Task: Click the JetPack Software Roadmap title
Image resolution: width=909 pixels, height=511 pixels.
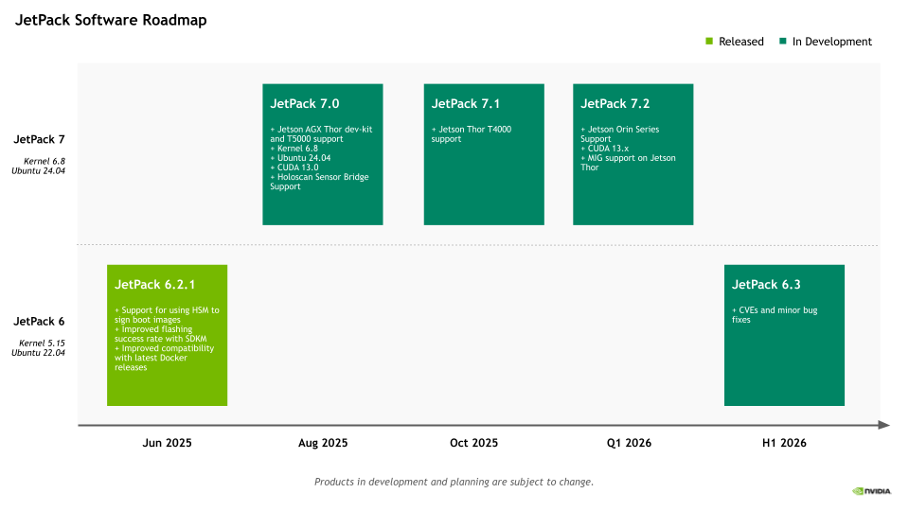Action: (111, 20)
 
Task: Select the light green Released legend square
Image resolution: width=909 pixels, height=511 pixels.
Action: (709, 41)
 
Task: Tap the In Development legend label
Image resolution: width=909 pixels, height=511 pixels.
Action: (832, 42)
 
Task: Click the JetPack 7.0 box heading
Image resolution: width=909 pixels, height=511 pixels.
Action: (304, 104)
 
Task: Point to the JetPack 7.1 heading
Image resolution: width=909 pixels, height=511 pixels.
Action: (466, 104)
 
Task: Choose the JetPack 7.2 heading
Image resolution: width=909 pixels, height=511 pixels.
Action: (615, 104)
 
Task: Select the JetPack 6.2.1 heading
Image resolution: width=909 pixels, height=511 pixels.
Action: (154, 285)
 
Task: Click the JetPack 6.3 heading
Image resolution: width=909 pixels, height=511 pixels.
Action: (766, 285)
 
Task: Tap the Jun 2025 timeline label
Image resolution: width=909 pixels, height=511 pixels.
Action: (167, 443)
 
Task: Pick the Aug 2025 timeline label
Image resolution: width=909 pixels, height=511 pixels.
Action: (323, 443)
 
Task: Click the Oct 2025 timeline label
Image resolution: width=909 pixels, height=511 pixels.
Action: (473, 443)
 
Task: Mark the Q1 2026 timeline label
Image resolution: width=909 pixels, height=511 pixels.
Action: (629, 443)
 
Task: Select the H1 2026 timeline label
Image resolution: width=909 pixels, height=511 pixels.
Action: (784, 443)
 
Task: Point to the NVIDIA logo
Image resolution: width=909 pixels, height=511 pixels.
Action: (871, 491)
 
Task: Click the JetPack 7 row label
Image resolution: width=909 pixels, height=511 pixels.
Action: (40, 140)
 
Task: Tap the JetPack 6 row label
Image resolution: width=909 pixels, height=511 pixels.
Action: (40, 322)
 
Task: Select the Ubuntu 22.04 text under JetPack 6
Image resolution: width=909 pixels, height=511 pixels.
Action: (38, 353)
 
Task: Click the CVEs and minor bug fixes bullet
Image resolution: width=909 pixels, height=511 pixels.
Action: (775, 314)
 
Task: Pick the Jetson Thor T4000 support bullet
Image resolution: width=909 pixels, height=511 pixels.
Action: (472, 133)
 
